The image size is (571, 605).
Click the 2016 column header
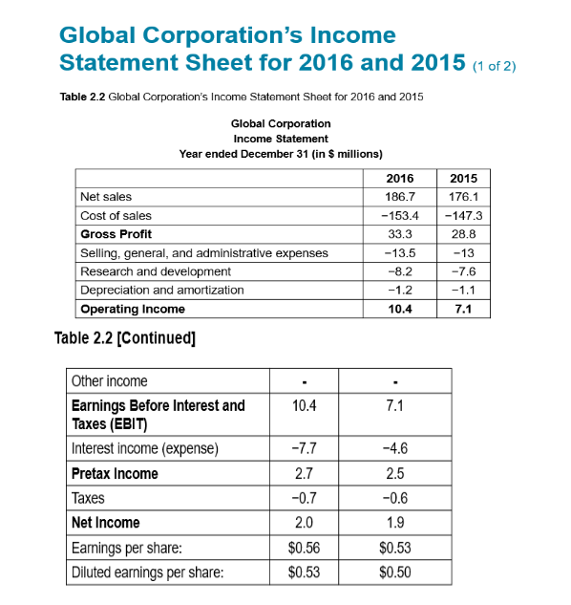pyautogui.click(x=398, y=179)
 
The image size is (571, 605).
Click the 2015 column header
pyautogui.click(x=462, y=179)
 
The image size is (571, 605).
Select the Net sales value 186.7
pyautogui.click(x=398, y=197)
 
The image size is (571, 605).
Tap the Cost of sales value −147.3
pyautogui.click(x=462, y=215)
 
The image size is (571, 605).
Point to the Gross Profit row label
pyautogui.click(x=116, y=234)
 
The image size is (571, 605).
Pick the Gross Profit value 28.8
pyautogui.click(x=462, y=234)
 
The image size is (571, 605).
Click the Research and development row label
pyautogui.click(x=148, y=271)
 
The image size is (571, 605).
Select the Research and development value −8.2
pyautogui.click(x=398, y=271)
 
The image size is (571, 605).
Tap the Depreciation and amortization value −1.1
pyautogui.click(x=462, y=290)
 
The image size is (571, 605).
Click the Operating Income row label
pyautogui.click(x=133, y=309)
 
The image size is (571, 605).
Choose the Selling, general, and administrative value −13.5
pyautogui.click(x=398, y=253)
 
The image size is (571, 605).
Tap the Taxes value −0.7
pyautogui.click(x=302, y=498)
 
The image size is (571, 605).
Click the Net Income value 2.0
pyautogui.click(x=302, y=523)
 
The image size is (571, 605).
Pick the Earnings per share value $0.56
pyautogui.click(x=302, y=548)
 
